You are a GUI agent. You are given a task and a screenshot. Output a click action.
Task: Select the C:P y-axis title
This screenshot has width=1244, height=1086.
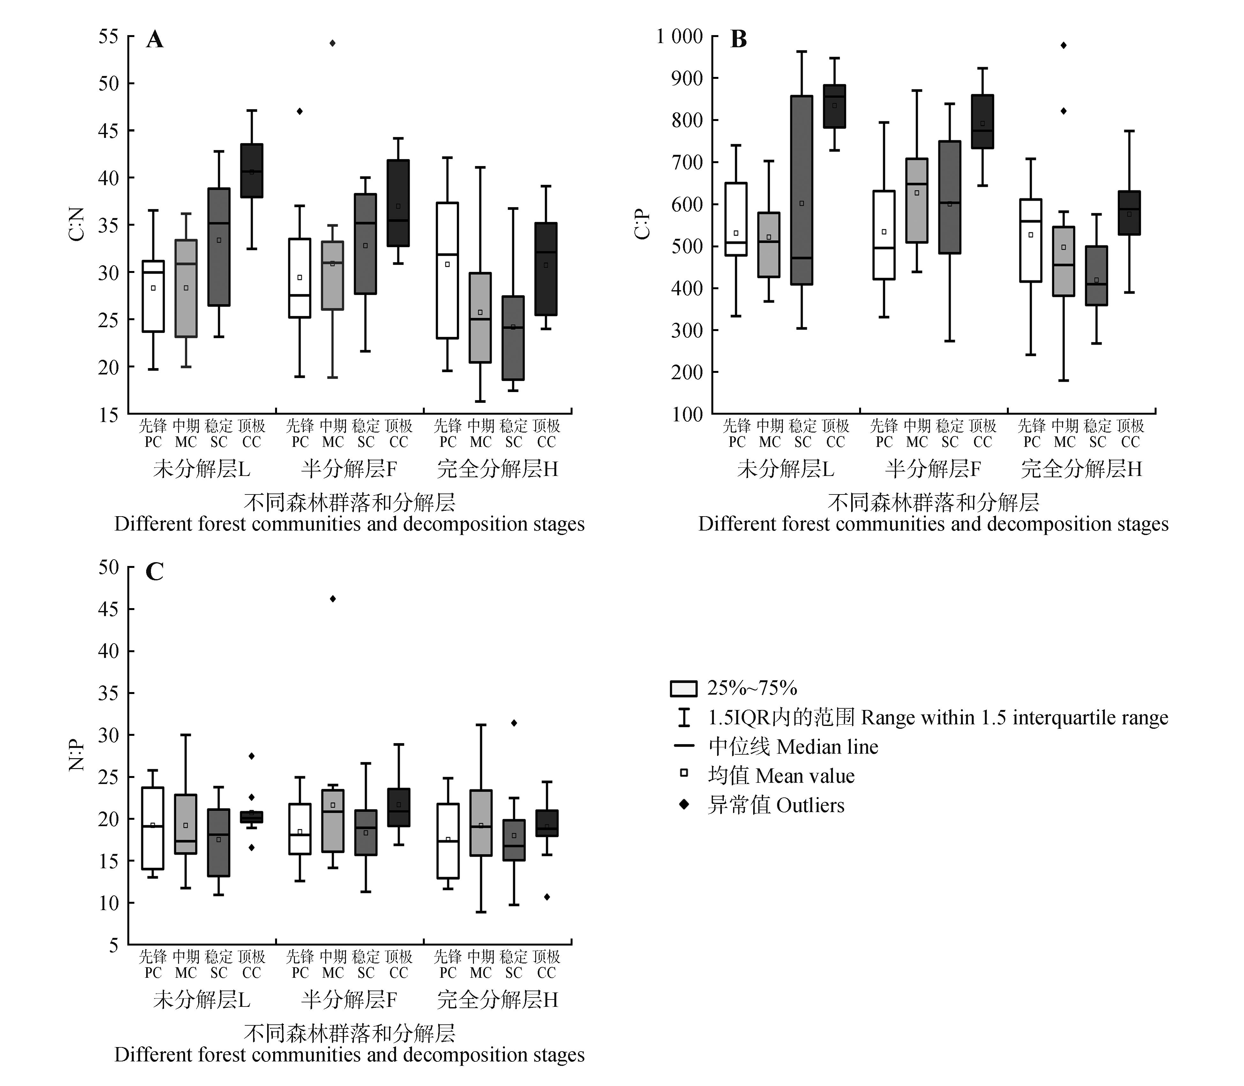(642, 224)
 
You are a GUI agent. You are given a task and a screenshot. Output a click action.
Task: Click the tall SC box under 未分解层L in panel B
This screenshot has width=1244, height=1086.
(802, 190)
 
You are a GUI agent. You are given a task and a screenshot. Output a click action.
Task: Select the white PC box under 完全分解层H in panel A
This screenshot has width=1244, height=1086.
(448, 270)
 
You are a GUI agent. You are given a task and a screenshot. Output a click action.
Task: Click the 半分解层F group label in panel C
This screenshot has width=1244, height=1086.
(349, 999)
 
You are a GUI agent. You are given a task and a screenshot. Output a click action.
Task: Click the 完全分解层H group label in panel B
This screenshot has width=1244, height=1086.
(1081, 468)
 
